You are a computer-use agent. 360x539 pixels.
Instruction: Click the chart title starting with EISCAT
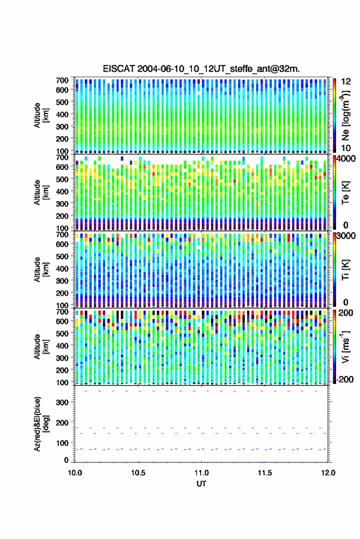(201, 69)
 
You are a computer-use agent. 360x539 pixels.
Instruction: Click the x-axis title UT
(201, 484)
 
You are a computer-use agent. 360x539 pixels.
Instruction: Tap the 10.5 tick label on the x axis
(138, 473)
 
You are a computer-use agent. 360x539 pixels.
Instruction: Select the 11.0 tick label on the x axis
(201, 473)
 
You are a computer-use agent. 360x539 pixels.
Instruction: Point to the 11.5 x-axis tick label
(264, 473)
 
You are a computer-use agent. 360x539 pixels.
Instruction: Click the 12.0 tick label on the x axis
(328, 473)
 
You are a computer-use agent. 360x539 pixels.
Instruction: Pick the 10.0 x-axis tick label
(75, 473)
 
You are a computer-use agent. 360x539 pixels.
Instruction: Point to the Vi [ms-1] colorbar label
(345, 346)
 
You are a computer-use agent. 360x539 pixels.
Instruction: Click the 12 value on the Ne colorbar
(346, 82)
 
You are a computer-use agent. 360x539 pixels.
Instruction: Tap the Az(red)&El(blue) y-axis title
(41, 424)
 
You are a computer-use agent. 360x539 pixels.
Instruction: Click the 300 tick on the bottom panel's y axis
(62, 402)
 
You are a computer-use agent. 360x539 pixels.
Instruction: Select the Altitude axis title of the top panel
(41, 115)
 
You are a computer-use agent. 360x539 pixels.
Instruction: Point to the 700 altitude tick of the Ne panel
(62, 80)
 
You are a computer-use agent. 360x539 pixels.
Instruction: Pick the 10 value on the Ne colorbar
(346, 148)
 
